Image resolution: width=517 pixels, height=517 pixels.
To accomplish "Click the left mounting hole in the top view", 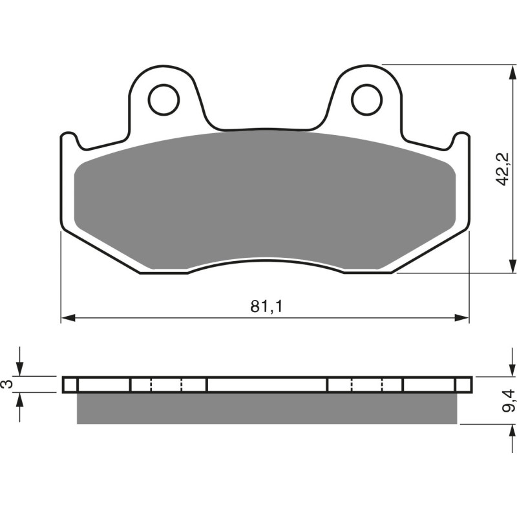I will (164, 99).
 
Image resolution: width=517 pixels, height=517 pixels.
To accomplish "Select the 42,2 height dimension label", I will (503, 170).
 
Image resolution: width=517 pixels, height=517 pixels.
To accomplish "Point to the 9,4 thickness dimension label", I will (510, 401).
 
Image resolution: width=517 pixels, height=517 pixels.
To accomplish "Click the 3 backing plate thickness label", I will (7, 384).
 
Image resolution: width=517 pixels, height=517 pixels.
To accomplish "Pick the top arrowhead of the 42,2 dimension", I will (511, 71).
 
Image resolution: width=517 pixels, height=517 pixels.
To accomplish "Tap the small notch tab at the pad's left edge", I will (69, 139).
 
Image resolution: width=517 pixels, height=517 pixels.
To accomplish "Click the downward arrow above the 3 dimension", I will (21, 369).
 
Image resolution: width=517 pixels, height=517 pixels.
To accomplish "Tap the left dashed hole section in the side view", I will (166, 385).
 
